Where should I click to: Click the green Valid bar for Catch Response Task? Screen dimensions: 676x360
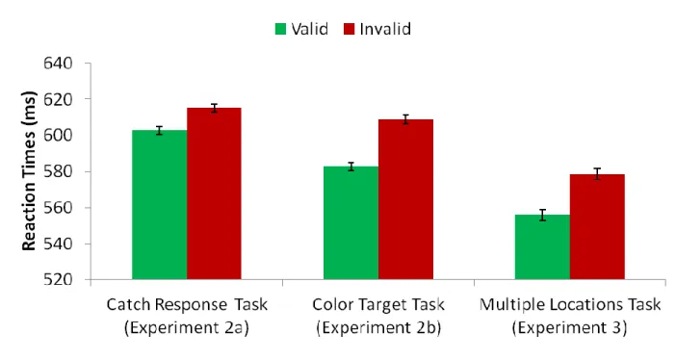click(x=160, y=205)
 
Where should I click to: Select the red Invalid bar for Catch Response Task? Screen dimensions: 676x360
click(x=215, y=193)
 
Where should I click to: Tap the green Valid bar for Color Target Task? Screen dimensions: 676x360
click(x=351, y=223)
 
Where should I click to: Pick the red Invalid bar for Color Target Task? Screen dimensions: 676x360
click(x=406, y=199)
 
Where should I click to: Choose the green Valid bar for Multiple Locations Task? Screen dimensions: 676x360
click(x=543, y=247)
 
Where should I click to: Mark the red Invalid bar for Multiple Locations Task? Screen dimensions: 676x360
click(x=598, y=227)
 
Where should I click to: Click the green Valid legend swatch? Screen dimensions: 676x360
click(x=280, y=29)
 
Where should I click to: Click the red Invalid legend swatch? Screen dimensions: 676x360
click(x=350, y=29)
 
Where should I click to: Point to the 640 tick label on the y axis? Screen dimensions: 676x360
click(x=58, y=64)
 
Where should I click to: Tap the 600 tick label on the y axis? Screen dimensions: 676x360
click(x=58, y=136)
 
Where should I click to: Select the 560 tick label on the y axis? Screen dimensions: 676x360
click(x=58, y=208)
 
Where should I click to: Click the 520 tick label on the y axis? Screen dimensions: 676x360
click(x=58, y=280)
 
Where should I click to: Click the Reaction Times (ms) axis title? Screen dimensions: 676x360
click(x=29, y=171)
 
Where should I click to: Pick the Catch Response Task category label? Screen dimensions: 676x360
click(x=187, y=305)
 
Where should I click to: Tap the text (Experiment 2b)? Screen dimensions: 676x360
click(x=378, y=328)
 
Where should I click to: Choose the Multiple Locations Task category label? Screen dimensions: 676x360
click(x=570, y=305)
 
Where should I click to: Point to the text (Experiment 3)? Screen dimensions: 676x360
click(x=569, y=328)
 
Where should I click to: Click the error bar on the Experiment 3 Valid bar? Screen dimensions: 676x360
click(x=543, y=215)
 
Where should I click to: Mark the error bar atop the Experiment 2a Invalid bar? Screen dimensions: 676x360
click(x=215, y=108)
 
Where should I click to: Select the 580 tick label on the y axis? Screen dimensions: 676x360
click(x=58, y=171)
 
